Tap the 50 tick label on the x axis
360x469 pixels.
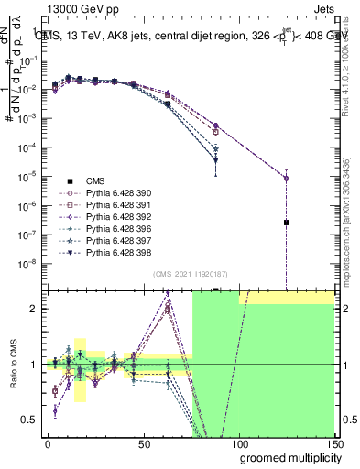click(x=144, y=442)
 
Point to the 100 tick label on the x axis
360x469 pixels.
click(x=239, y=442)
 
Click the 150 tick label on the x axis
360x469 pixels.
click(x=333, y=442)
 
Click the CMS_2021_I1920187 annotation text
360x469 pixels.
click(x=190, y=274)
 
